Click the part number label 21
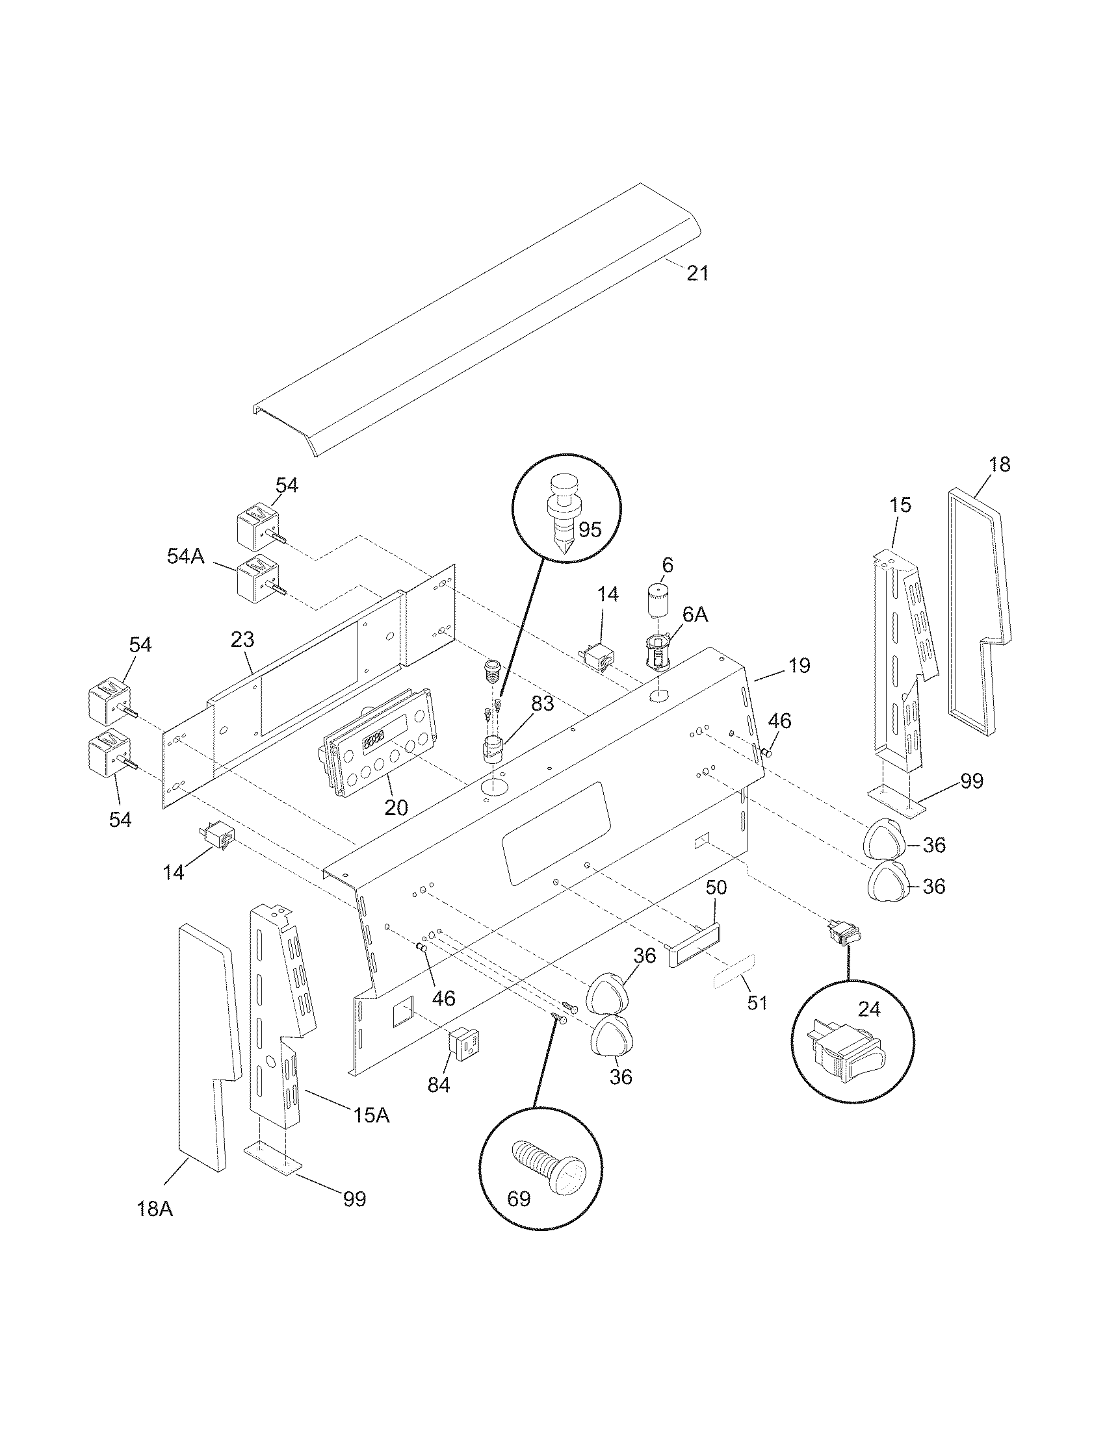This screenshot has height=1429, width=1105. tap(698, 273)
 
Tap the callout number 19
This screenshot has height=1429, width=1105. tap(799, 665)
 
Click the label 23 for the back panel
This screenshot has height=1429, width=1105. tap(242, 640)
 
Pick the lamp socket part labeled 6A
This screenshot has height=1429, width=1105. tap(657, 651)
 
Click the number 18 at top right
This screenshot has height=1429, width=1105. tap(1000, 464)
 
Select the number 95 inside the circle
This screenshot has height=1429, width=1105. tap(590, 529)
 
